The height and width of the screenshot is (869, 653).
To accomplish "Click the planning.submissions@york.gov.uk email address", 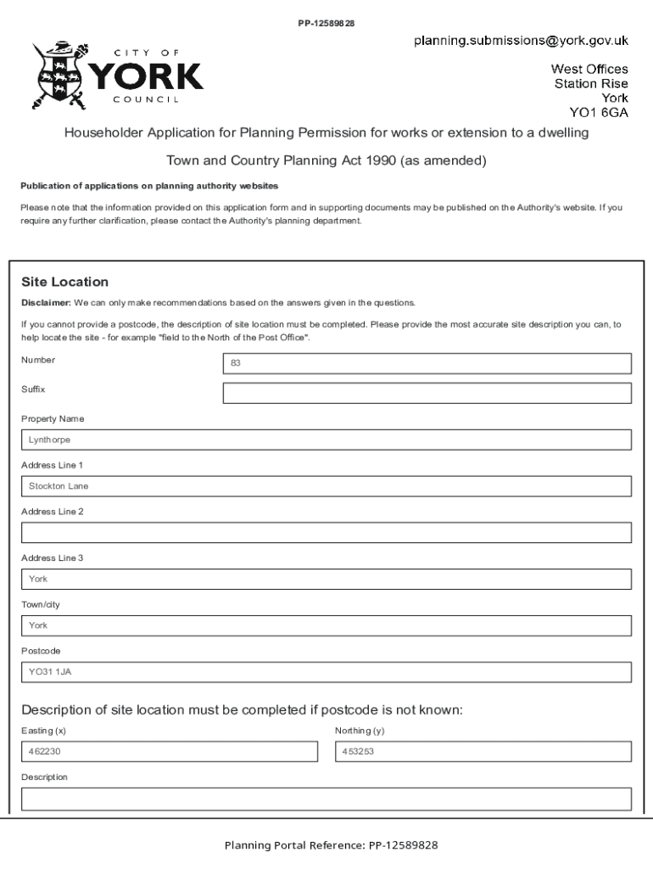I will tap(521, 40).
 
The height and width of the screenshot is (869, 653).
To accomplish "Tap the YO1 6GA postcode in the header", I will tap(599, 112).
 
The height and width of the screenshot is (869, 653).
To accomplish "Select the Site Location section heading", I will tap(64, 282).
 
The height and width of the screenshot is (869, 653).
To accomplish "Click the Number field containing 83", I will tap(427, 363).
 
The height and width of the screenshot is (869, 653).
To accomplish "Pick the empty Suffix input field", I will tap(427, 393).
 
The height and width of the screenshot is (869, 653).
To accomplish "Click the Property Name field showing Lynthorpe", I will tap(326, 440).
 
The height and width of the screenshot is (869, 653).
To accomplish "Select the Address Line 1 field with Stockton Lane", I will tap(326, 486).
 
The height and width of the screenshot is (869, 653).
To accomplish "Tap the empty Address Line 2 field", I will tap(326, 533).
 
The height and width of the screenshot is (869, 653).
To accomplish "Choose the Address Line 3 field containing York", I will tap(326, 579).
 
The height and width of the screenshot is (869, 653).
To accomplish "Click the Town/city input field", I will tap(326, 625).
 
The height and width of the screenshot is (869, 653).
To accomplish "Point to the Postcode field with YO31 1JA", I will tap(326, 672).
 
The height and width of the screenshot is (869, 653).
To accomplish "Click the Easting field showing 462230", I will tap(169, 752).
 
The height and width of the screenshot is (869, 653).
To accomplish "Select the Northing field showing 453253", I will tap(483, 752).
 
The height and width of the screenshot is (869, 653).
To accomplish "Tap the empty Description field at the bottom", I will tap(326, 799).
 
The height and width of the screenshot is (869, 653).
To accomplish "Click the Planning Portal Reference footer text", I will tap(331, 845).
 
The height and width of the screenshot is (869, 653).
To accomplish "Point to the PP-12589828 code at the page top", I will tap(326, 22).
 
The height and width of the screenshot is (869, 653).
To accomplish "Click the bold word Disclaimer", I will tap(46, 303).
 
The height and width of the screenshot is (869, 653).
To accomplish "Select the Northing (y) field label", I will tap(360, 731).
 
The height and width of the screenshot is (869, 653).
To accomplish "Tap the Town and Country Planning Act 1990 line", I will tap(326, 160).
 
